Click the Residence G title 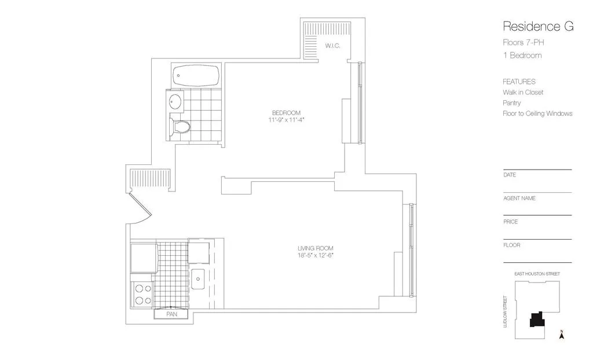538,26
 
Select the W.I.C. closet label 332,45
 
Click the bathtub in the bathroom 196,75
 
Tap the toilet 180,127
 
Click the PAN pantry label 171,314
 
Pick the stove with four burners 143,294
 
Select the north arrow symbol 561,334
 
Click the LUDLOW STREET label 506,313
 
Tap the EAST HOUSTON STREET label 537,274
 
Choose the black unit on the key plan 537,321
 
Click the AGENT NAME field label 519,198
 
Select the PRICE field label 511,222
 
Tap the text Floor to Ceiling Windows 537,113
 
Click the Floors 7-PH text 524,42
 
